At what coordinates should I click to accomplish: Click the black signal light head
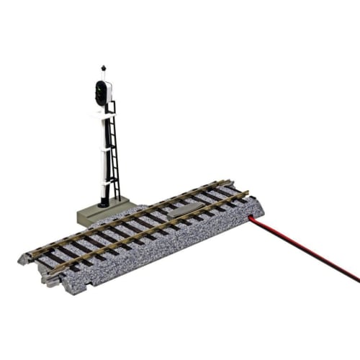[x=102, y=92]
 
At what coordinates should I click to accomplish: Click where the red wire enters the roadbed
[x=251, y=215]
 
